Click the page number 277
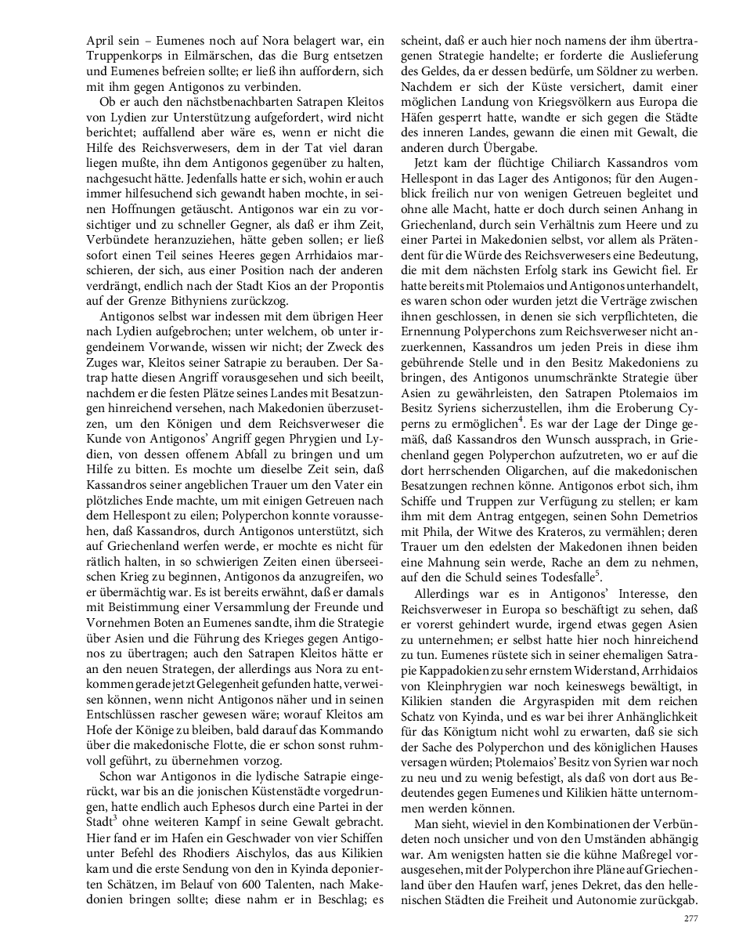(691, 918)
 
